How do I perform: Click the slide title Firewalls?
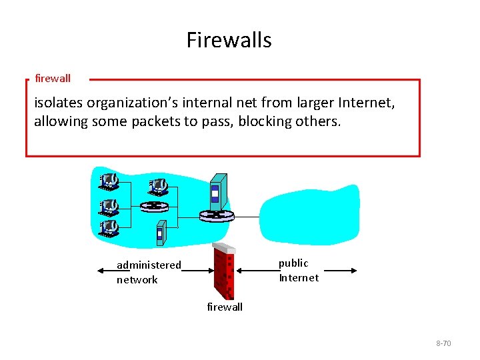[229, 40]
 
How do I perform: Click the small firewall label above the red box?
[53, 79]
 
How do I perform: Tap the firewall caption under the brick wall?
[225, 307]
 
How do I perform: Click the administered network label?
[148, 272]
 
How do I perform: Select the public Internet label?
[298, 271]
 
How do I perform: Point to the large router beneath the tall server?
[217, 215]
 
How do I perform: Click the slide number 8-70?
[443, 343]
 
